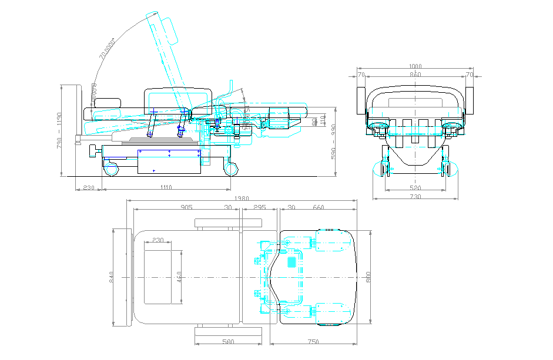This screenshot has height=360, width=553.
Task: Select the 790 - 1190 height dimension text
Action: coord(59,130)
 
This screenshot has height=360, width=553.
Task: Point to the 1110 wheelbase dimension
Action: coord(165,187)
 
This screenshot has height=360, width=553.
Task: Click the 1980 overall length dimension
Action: coord(241,199)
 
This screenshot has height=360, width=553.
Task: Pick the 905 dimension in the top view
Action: coord(186,207)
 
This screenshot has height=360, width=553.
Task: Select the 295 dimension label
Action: coord(259,207)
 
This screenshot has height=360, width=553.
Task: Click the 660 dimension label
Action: coord(319,207)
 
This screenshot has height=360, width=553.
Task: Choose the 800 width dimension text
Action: coord(368,276)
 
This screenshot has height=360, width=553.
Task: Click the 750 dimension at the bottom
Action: coord(313,342)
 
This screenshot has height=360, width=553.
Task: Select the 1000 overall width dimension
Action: coord(415,67)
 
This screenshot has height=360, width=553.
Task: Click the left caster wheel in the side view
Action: coord(111,169)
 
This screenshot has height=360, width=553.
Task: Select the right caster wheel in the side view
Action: coord(231,169)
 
